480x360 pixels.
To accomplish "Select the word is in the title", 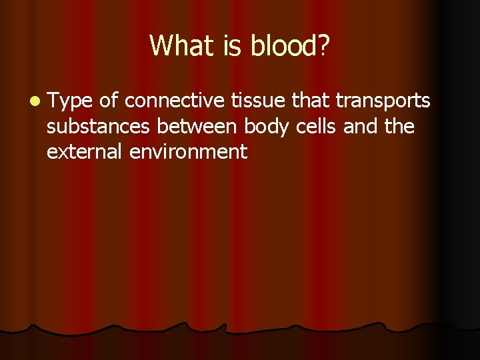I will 231,45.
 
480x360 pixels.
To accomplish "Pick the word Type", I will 70,101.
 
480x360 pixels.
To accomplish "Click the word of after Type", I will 109,101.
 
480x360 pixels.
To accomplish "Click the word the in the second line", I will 400,126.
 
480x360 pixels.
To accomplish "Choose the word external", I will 85,151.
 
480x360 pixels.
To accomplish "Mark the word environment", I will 189,151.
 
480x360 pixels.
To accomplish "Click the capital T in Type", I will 53,101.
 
